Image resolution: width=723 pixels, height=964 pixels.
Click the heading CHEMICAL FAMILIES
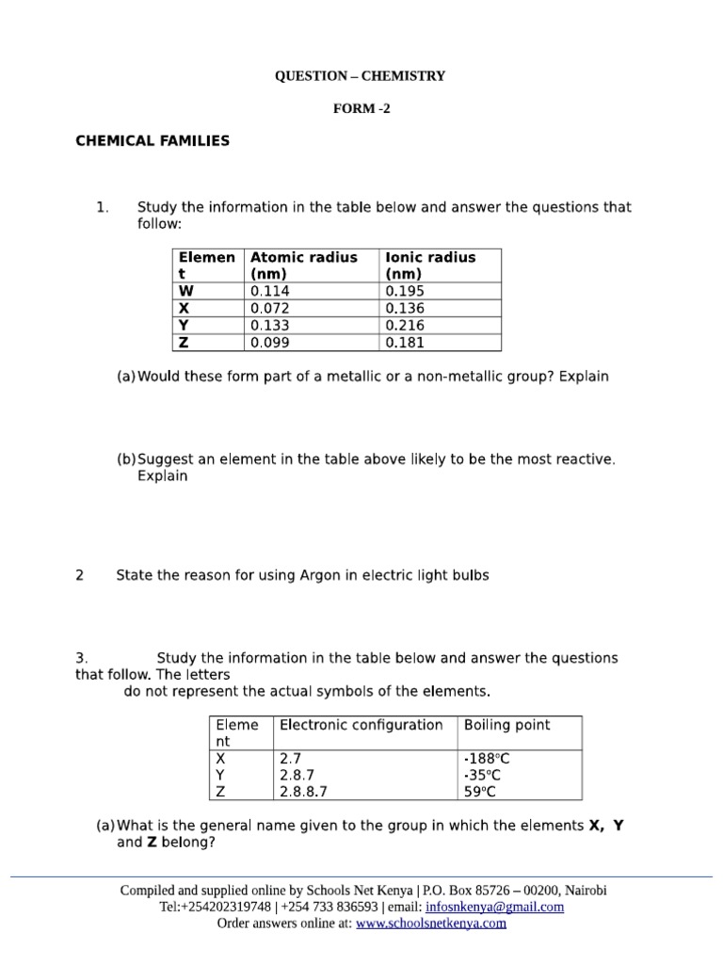pos(153,141)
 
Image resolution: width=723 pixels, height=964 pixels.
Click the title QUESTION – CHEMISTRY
pos(360,76)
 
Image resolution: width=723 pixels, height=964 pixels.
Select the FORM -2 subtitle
pos(361,108)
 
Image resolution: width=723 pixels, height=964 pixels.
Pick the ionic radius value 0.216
pos(405,326)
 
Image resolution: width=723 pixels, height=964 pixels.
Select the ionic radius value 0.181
pos(405,343)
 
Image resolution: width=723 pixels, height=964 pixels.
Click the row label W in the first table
pos(185,292)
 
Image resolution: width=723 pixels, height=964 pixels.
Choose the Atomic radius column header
pos(303,265)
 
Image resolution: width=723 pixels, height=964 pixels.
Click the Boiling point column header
pos(506,725)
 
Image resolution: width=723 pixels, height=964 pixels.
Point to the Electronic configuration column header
pos(361,725)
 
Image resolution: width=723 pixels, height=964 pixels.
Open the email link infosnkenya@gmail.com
pos(494,907)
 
